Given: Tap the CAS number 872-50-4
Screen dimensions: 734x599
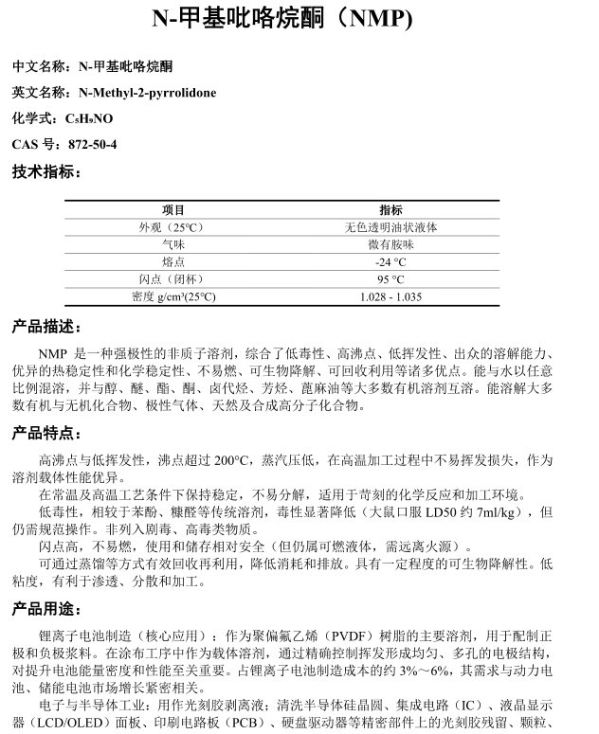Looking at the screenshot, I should (x=93, y=145).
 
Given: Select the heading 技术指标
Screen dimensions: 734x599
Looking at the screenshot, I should (x=45, y=172).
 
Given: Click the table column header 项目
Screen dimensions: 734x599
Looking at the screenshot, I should (x=173, y=210).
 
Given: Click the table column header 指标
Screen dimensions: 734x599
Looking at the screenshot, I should (x=390, y=210).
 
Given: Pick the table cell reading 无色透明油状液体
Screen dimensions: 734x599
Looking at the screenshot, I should (x=390, y=228).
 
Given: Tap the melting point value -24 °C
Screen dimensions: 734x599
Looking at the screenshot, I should (x=390, y=262).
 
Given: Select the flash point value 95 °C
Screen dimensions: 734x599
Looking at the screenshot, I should (x=390, y=279).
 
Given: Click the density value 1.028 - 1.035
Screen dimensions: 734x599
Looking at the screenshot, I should (x=390, y=297).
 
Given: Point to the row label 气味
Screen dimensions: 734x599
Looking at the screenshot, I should (x=173, y=245).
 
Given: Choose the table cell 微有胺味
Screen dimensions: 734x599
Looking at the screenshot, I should (x=390, y=245).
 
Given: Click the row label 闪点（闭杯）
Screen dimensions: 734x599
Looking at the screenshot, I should (x=173, y=279).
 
